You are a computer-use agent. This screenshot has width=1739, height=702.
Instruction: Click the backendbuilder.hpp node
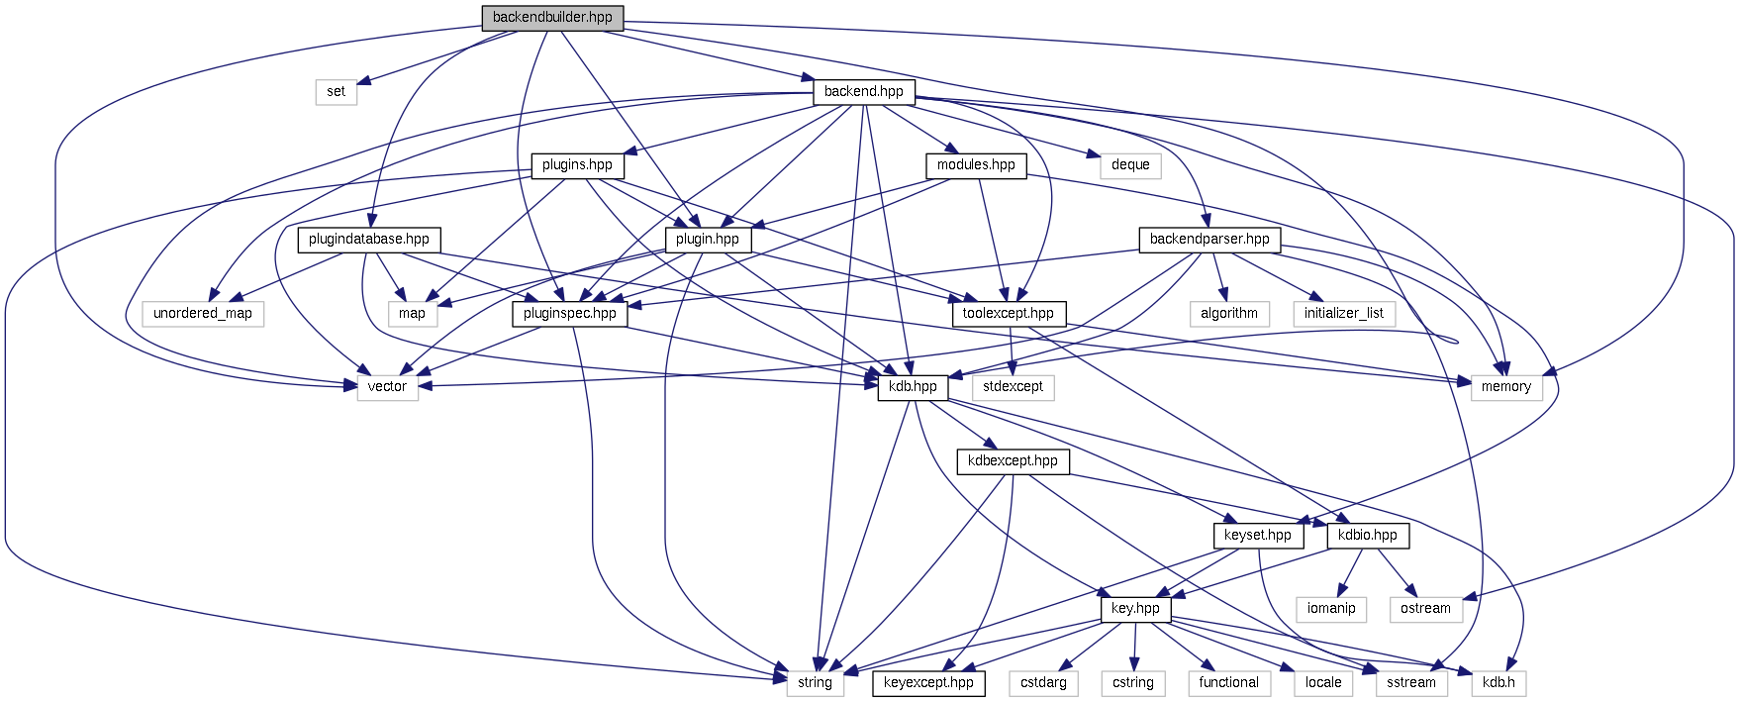coord(552,18)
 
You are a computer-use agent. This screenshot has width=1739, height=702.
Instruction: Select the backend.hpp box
coord(863,92)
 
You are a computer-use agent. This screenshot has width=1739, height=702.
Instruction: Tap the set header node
coord(337,92)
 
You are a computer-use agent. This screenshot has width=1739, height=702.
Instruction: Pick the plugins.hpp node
coord(577,165)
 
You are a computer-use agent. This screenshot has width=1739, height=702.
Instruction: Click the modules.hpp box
coord(976,165)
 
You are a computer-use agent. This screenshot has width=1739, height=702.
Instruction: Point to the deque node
coord(1130,165)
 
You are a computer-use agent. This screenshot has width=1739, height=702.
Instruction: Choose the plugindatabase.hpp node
coord(369,240)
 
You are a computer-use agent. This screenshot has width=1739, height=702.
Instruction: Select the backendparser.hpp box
coord(1209,240)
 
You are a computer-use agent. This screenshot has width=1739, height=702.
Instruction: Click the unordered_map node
coord(203,314)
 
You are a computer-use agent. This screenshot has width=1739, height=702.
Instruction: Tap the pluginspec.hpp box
coord(570,314)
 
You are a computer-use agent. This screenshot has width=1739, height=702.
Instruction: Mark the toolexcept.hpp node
coord(1009,314)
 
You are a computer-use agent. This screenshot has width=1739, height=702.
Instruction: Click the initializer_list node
coord(1344,314)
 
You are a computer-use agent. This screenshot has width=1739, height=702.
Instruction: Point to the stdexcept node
coord(1013,387)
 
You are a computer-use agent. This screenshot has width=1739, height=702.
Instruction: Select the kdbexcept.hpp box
coord(1013,461)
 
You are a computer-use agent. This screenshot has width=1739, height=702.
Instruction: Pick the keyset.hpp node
coord(1257,536)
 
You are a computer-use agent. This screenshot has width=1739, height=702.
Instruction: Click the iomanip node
coord(1331,609)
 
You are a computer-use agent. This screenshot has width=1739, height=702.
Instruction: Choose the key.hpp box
coord(1135,609)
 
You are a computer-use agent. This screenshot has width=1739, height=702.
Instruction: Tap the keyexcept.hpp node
coord(928,683)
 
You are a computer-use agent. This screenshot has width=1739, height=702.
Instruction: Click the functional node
coord(1229,683)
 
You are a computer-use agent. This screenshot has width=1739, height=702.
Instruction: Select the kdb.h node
coord(1498,683)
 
